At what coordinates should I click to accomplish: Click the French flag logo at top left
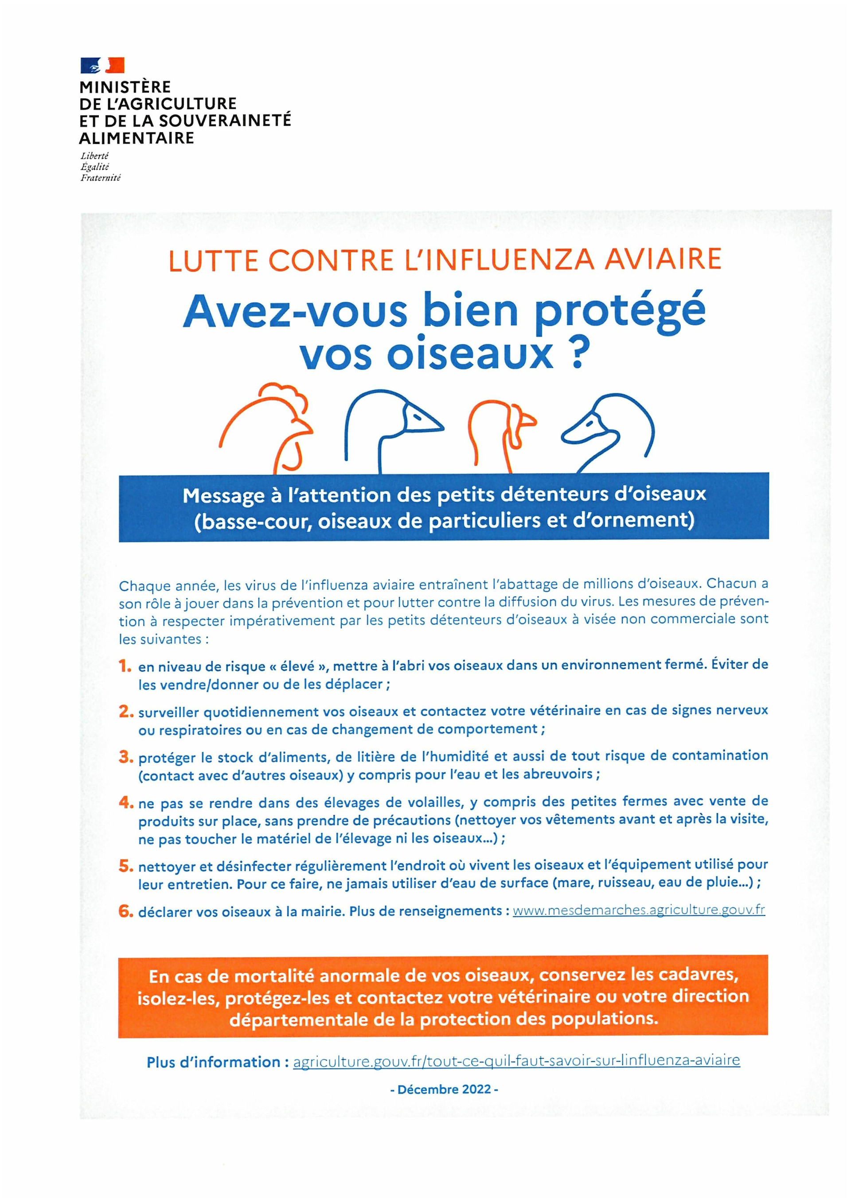click(x=102, y=65)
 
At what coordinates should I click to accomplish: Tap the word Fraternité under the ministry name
click(x=100, y=178)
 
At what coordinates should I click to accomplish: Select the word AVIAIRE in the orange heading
click(x=663, y=259)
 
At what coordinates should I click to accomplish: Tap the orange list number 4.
click(x=125, y=802)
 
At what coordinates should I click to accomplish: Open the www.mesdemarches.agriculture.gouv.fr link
click(x=638, y=910)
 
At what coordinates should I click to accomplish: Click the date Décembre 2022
click(x=444, y=1089)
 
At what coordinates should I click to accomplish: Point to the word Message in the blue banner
click(x=223, y=496)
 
